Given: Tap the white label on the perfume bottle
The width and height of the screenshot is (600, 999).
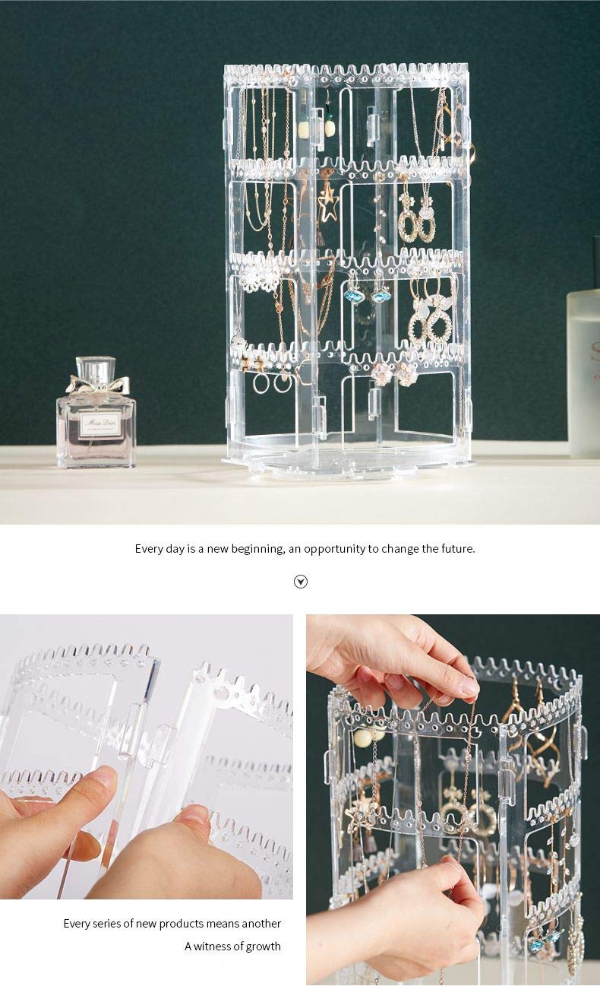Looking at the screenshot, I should click(x=100, y=423).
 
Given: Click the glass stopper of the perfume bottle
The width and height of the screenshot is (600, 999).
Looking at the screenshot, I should click(x=96, y=369).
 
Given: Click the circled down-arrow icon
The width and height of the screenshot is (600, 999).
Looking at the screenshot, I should click(x=301, y=582).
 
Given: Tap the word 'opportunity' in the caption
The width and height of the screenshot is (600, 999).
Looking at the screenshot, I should click(x=335, y=549).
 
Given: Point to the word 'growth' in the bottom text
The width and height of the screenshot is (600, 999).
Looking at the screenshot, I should click(x=263, y=947).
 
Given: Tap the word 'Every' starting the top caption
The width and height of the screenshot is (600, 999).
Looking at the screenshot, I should click(x=148, y=549).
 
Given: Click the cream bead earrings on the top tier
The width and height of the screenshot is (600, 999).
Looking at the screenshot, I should click(x=317, y=128).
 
